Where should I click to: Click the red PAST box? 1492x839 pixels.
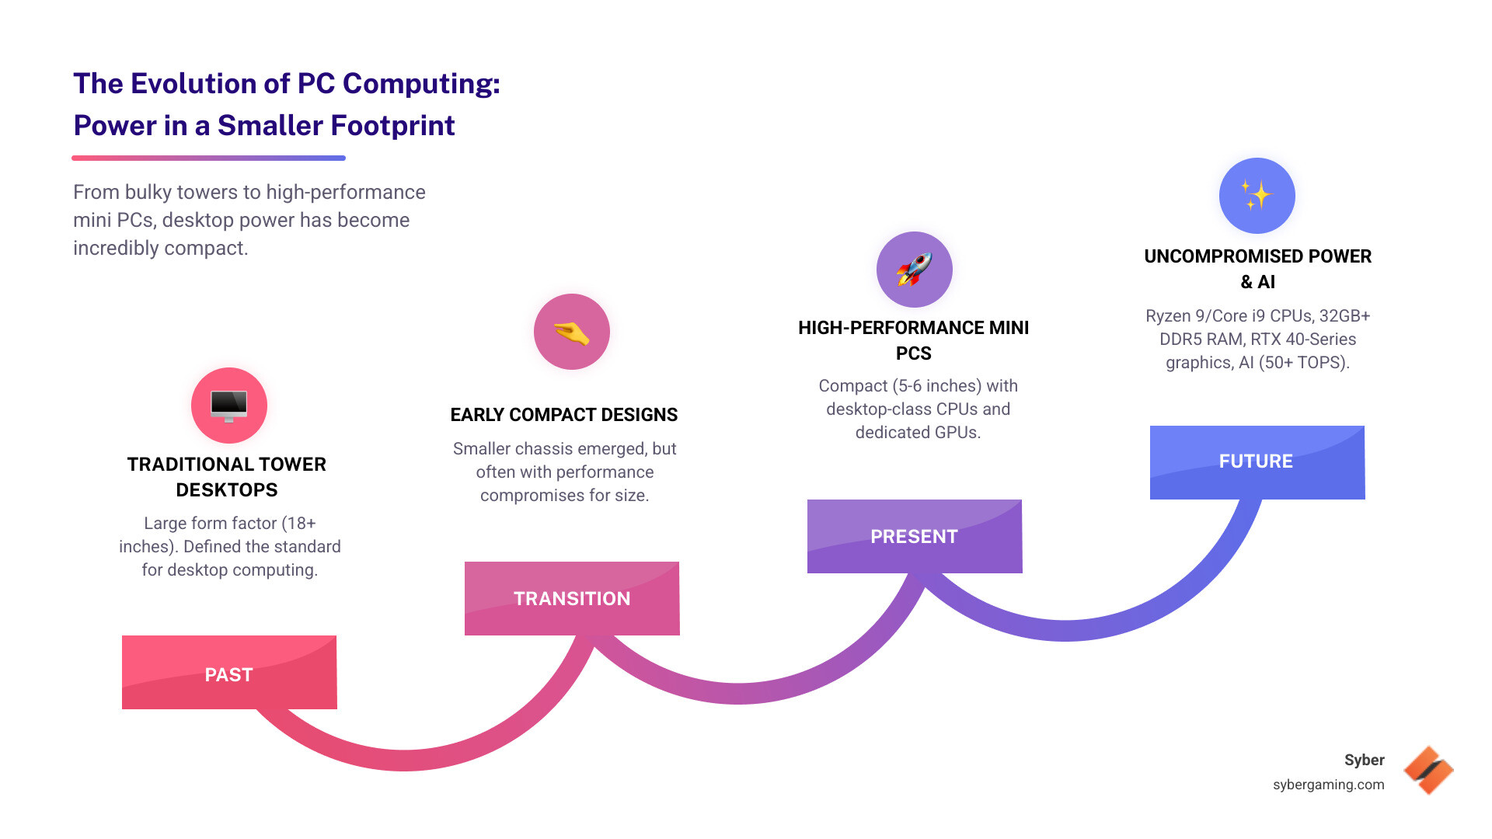[x=229, y=673]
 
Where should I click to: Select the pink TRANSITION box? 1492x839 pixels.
[x=572, y=598]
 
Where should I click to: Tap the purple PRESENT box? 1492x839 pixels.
[x=914, y=536]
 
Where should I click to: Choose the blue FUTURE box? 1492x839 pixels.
[x=1257, y=461]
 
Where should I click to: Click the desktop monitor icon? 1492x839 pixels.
[x=229, y=406]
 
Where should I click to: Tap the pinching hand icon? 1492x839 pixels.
[x=572, y=332]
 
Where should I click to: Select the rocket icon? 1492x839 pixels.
[x=914, y=270]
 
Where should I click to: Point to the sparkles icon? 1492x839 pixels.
[x=1257, y=196]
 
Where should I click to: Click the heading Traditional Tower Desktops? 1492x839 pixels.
[x=227, y=477]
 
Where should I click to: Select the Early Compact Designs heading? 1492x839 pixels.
[x=564, y=415]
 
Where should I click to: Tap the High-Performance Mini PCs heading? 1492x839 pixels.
[x=914, y=340]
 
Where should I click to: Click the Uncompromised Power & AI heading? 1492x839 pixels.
[x=1257, y=269]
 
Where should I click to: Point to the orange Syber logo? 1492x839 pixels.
[x=1428, y=771]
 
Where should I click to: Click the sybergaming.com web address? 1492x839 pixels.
[x=1328, y=785]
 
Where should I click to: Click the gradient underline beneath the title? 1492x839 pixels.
[x=208, y=158]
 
